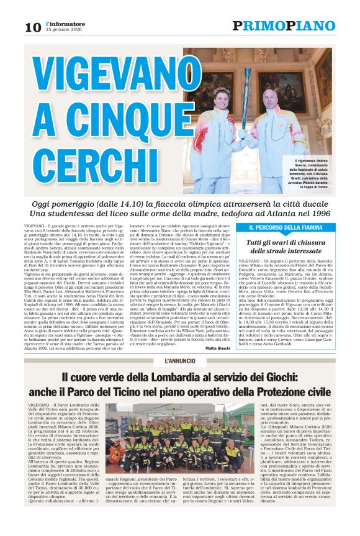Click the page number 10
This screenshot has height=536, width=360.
(32, 27)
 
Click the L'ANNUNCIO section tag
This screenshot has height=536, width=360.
(179, 360)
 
